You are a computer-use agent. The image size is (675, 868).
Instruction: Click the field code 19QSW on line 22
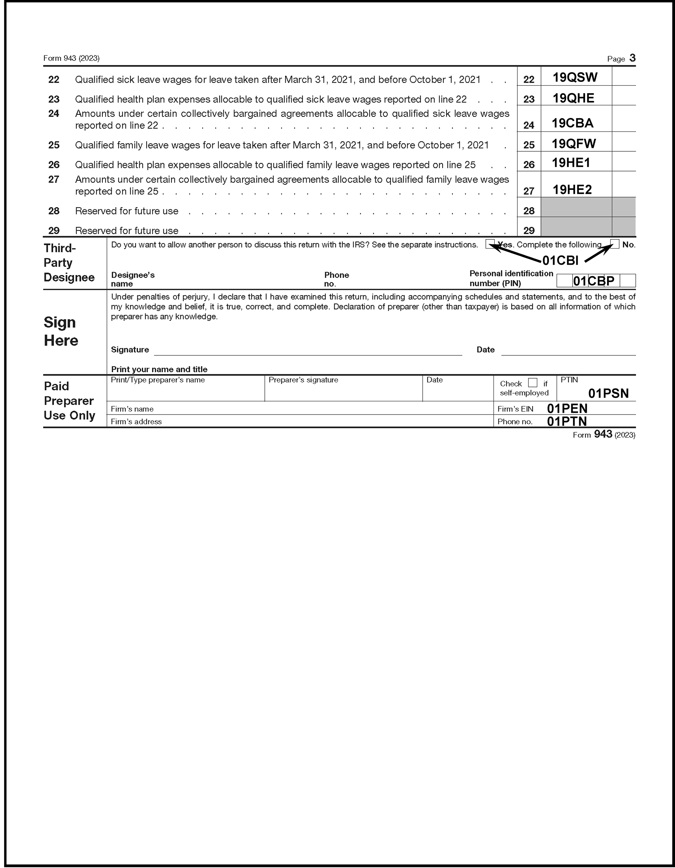575,77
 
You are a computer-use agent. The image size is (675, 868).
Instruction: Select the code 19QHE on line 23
573,98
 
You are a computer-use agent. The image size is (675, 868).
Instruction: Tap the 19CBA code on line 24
573,123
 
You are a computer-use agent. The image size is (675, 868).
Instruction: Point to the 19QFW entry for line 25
574,144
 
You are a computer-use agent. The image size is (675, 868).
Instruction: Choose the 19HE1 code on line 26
571,163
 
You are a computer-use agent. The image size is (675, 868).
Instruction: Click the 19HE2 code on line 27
572,189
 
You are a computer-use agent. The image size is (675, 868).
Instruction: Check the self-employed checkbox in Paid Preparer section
533,383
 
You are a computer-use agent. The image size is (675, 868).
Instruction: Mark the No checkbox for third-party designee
614,244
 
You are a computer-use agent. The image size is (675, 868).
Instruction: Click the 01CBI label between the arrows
560,260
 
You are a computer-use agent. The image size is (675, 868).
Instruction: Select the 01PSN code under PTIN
608,394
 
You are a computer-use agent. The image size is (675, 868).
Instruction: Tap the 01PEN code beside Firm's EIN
567,408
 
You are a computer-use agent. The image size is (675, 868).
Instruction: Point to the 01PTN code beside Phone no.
567,421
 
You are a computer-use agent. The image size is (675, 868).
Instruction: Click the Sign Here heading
61,332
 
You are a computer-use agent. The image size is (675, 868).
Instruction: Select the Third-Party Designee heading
69,263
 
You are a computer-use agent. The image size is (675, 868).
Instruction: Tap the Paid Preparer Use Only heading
69,401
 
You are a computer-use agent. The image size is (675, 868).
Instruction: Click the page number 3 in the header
632,58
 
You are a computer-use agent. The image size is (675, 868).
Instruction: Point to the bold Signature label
130,350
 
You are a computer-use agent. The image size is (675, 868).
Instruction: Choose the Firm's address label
136,422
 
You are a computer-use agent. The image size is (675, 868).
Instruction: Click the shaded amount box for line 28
577,207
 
